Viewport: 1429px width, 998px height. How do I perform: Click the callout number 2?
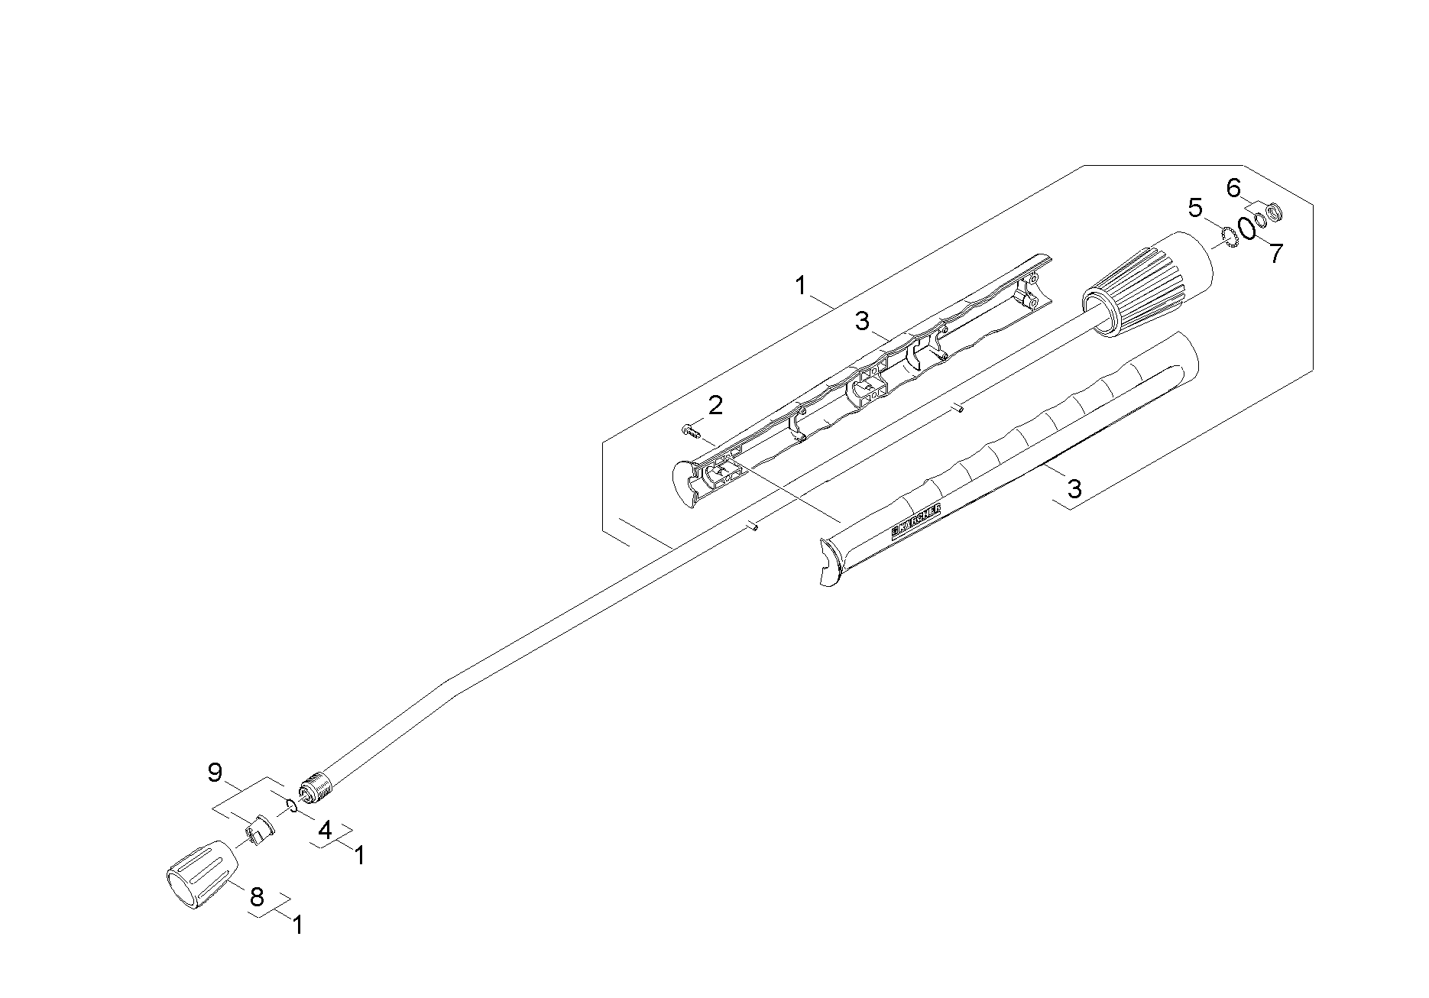pyautogui.click(x=715, y=406)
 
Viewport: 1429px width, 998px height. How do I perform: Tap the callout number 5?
pyautogui.click(x=1195, y=208)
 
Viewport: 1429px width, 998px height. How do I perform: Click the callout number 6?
pyautogui.click(x=1233, y=187)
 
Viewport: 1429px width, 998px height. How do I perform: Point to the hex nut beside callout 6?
pyautogui.click(x=1273, y=210)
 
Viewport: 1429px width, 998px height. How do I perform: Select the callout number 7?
pyautogui.click(x=1275, y=254)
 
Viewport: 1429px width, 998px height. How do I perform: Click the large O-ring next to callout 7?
pyautogui.click(x=1247, y=228)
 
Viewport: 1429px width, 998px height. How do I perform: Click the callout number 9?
pyautogui.click(x=215, y=773)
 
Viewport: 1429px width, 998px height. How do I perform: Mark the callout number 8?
pyautogui.click(x=258, y=896)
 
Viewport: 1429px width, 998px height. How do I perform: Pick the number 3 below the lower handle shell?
pyautogui.click(x=1074, y=488)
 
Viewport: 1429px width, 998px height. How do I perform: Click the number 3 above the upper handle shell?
pyautogui.click(x=862, y=321)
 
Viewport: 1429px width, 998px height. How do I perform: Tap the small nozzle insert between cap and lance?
pyautogui.click(x=259, y=829)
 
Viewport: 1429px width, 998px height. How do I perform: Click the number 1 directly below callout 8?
pyautogui.click(x=298, y=925)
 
